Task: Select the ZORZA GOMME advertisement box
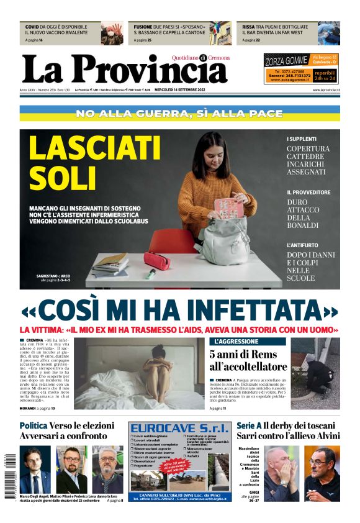pos(300,68)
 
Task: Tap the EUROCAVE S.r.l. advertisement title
pos(179,429)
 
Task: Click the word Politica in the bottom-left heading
pos(37,426)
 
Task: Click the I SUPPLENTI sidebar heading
pos(302,139)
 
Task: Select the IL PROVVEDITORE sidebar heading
pos(308,193)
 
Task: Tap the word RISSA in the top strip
pos(248,27)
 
